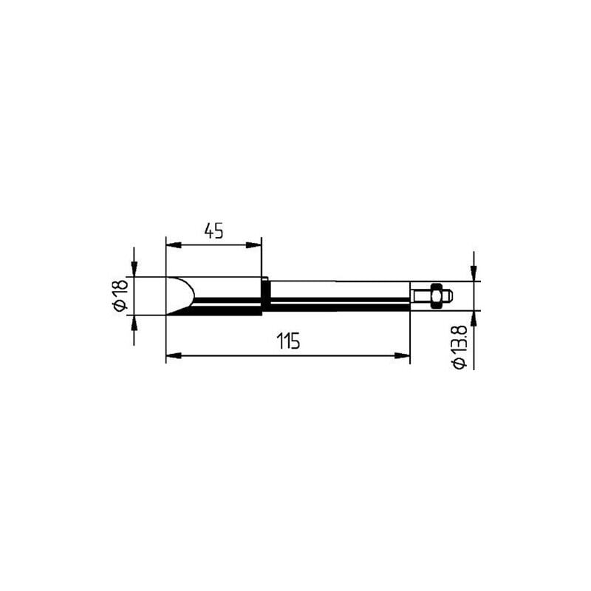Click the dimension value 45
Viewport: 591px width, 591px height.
[213, 230]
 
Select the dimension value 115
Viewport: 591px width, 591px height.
[288, 341]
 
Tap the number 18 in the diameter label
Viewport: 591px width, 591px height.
[121, 289]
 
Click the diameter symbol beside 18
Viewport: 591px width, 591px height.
[121, 306]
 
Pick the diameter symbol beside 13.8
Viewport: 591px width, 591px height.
[460, 363]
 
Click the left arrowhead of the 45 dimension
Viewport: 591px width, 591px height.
[174, 245]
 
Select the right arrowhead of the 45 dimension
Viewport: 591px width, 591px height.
[253, 245]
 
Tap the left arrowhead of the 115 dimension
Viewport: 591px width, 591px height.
[174, 355]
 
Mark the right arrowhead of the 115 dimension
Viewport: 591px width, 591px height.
[402, 355]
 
